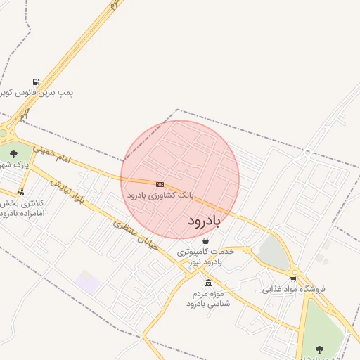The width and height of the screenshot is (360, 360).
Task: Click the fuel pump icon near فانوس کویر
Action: [36, 82]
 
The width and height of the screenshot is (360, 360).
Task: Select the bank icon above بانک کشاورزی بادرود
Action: [160, 184]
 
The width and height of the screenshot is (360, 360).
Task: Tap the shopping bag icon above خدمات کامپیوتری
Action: [205, 240]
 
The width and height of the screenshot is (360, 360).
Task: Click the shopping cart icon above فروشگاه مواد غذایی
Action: [293, 278]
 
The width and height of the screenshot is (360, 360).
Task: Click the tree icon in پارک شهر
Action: [13, 154]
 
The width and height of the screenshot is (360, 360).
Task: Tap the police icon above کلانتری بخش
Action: [21, 191]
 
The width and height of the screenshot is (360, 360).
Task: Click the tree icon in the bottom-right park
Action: [319, 349]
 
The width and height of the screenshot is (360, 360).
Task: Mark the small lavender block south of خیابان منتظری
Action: [88, 283]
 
